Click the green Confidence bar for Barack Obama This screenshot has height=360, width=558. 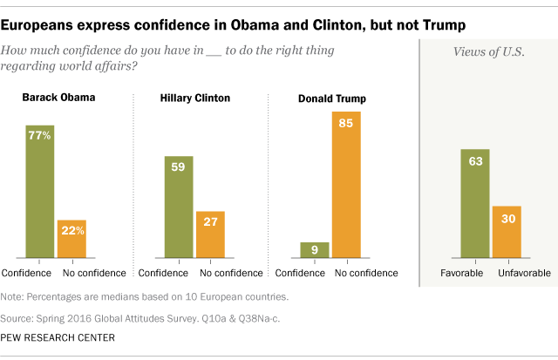coord(39,192)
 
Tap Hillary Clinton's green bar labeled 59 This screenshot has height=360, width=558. coord(178,207)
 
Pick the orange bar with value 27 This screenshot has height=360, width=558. coord(210,234)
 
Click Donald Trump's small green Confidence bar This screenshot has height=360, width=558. coord(315,250)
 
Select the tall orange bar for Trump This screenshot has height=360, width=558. coord(346,185)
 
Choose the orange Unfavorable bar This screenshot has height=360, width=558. coord(507,232)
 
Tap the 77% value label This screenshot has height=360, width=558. coord(39,136)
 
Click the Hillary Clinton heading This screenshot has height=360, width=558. coord(195,98)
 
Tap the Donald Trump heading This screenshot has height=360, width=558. coord(330,98)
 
